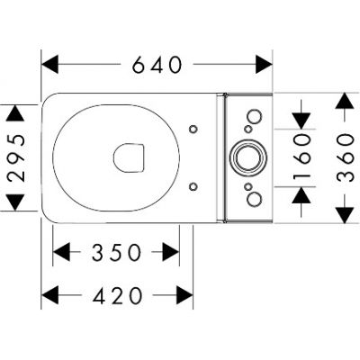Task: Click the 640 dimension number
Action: click(157, 65)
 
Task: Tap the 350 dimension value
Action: click(116, 253)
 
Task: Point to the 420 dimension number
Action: click(117, 294)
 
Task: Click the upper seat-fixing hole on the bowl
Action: click(193, 129)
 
